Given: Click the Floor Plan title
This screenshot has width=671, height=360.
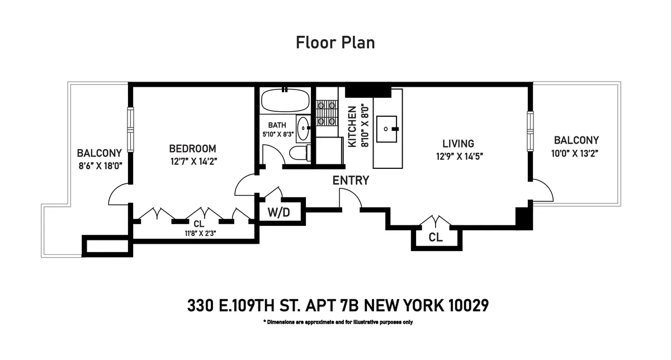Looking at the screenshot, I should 335,42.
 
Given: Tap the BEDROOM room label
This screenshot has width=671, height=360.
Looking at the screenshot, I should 192,149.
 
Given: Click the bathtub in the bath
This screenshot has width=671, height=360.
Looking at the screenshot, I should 285,100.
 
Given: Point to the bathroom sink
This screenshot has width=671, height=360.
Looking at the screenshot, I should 303,129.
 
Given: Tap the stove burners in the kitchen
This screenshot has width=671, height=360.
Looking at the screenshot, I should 327,112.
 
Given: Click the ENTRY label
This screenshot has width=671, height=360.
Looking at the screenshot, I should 351,180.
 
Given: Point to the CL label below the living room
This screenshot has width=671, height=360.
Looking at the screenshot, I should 436,237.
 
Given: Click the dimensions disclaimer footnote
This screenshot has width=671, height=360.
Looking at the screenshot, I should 337,322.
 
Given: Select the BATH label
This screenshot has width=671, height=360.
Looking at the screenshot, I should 277,125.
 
